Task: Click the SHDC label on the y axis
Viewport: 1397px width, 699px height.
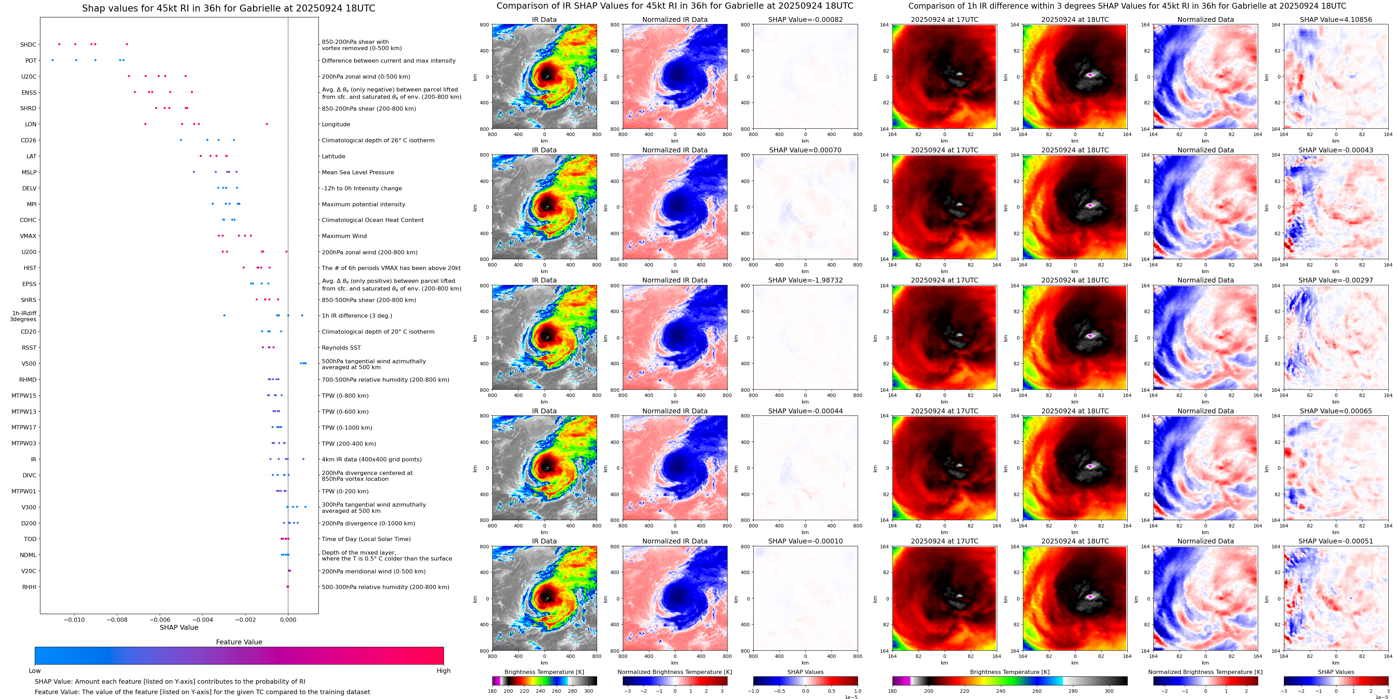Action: tap(28, 45)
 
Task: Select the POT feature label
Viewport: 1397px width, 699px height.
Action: tap(31, 61)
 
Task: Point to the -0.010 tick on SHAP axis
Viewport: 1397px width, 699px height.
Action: tap(74, 620)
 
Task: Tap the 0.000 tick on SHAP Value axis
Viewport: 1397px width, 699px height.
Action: tap(288, 620)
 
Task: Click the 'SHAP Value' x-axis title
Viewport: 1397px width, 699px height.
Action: tap(179, 627)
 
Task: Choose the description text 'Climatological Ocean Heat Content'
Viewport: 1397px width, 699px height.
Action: tap(373, 220)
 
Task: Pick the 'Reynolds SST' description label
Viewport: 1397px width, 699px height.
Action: tap(341, 348)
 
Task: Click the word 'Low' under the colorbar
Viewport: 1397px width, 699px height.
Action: tap(35, 671)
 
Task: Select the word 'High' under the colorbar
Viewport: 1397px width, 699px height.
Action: tap(444, 671)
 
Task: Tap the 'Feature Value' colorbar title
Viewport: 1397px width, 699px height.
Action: tap(239, 642)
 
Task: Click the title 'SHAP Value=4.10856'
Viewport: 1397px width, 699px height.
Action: tap(1336, 19)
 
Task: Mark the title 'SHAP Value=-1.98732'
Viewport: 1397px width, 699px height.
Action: tap(805, 280)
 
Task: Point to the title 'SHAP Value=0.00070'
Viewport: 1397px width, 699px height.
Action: tap(805, 150)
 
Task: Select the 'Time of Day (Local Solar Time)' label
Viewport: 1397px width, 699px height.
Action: tap(366, 539)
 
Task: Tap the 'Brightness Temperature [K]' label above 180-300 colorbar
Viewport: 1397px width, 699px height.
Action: tap(544, 672)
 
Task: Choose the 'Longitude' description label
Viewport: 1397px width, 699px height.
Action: tap(336, 124)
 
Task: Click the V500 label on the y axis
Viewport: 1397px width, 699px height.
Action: tap(29, 364)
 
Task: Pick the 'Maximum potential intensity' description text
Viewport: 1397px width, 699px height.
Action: tap(363, 205)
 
